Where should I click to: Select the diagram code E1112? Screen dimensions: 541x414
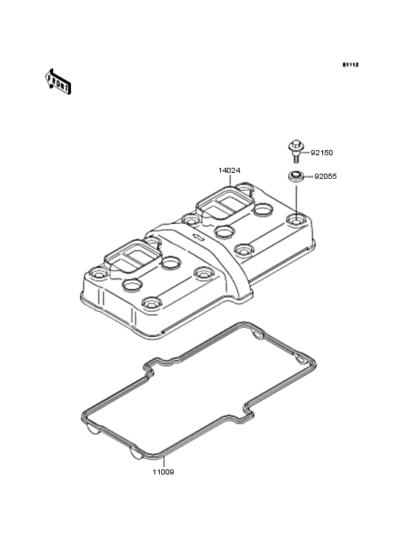tap(350, 65)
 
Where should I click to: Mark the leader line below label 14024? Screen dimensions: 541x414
tap(231, 180)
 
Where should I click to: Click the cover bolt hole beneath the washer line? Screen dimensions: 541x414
tap(296, 220)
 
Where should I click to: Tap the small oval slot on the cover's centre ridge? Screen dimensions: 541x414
tap(197, 238)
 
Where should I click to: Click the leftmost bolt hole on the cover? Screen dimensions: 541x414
tap(94, 272)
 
